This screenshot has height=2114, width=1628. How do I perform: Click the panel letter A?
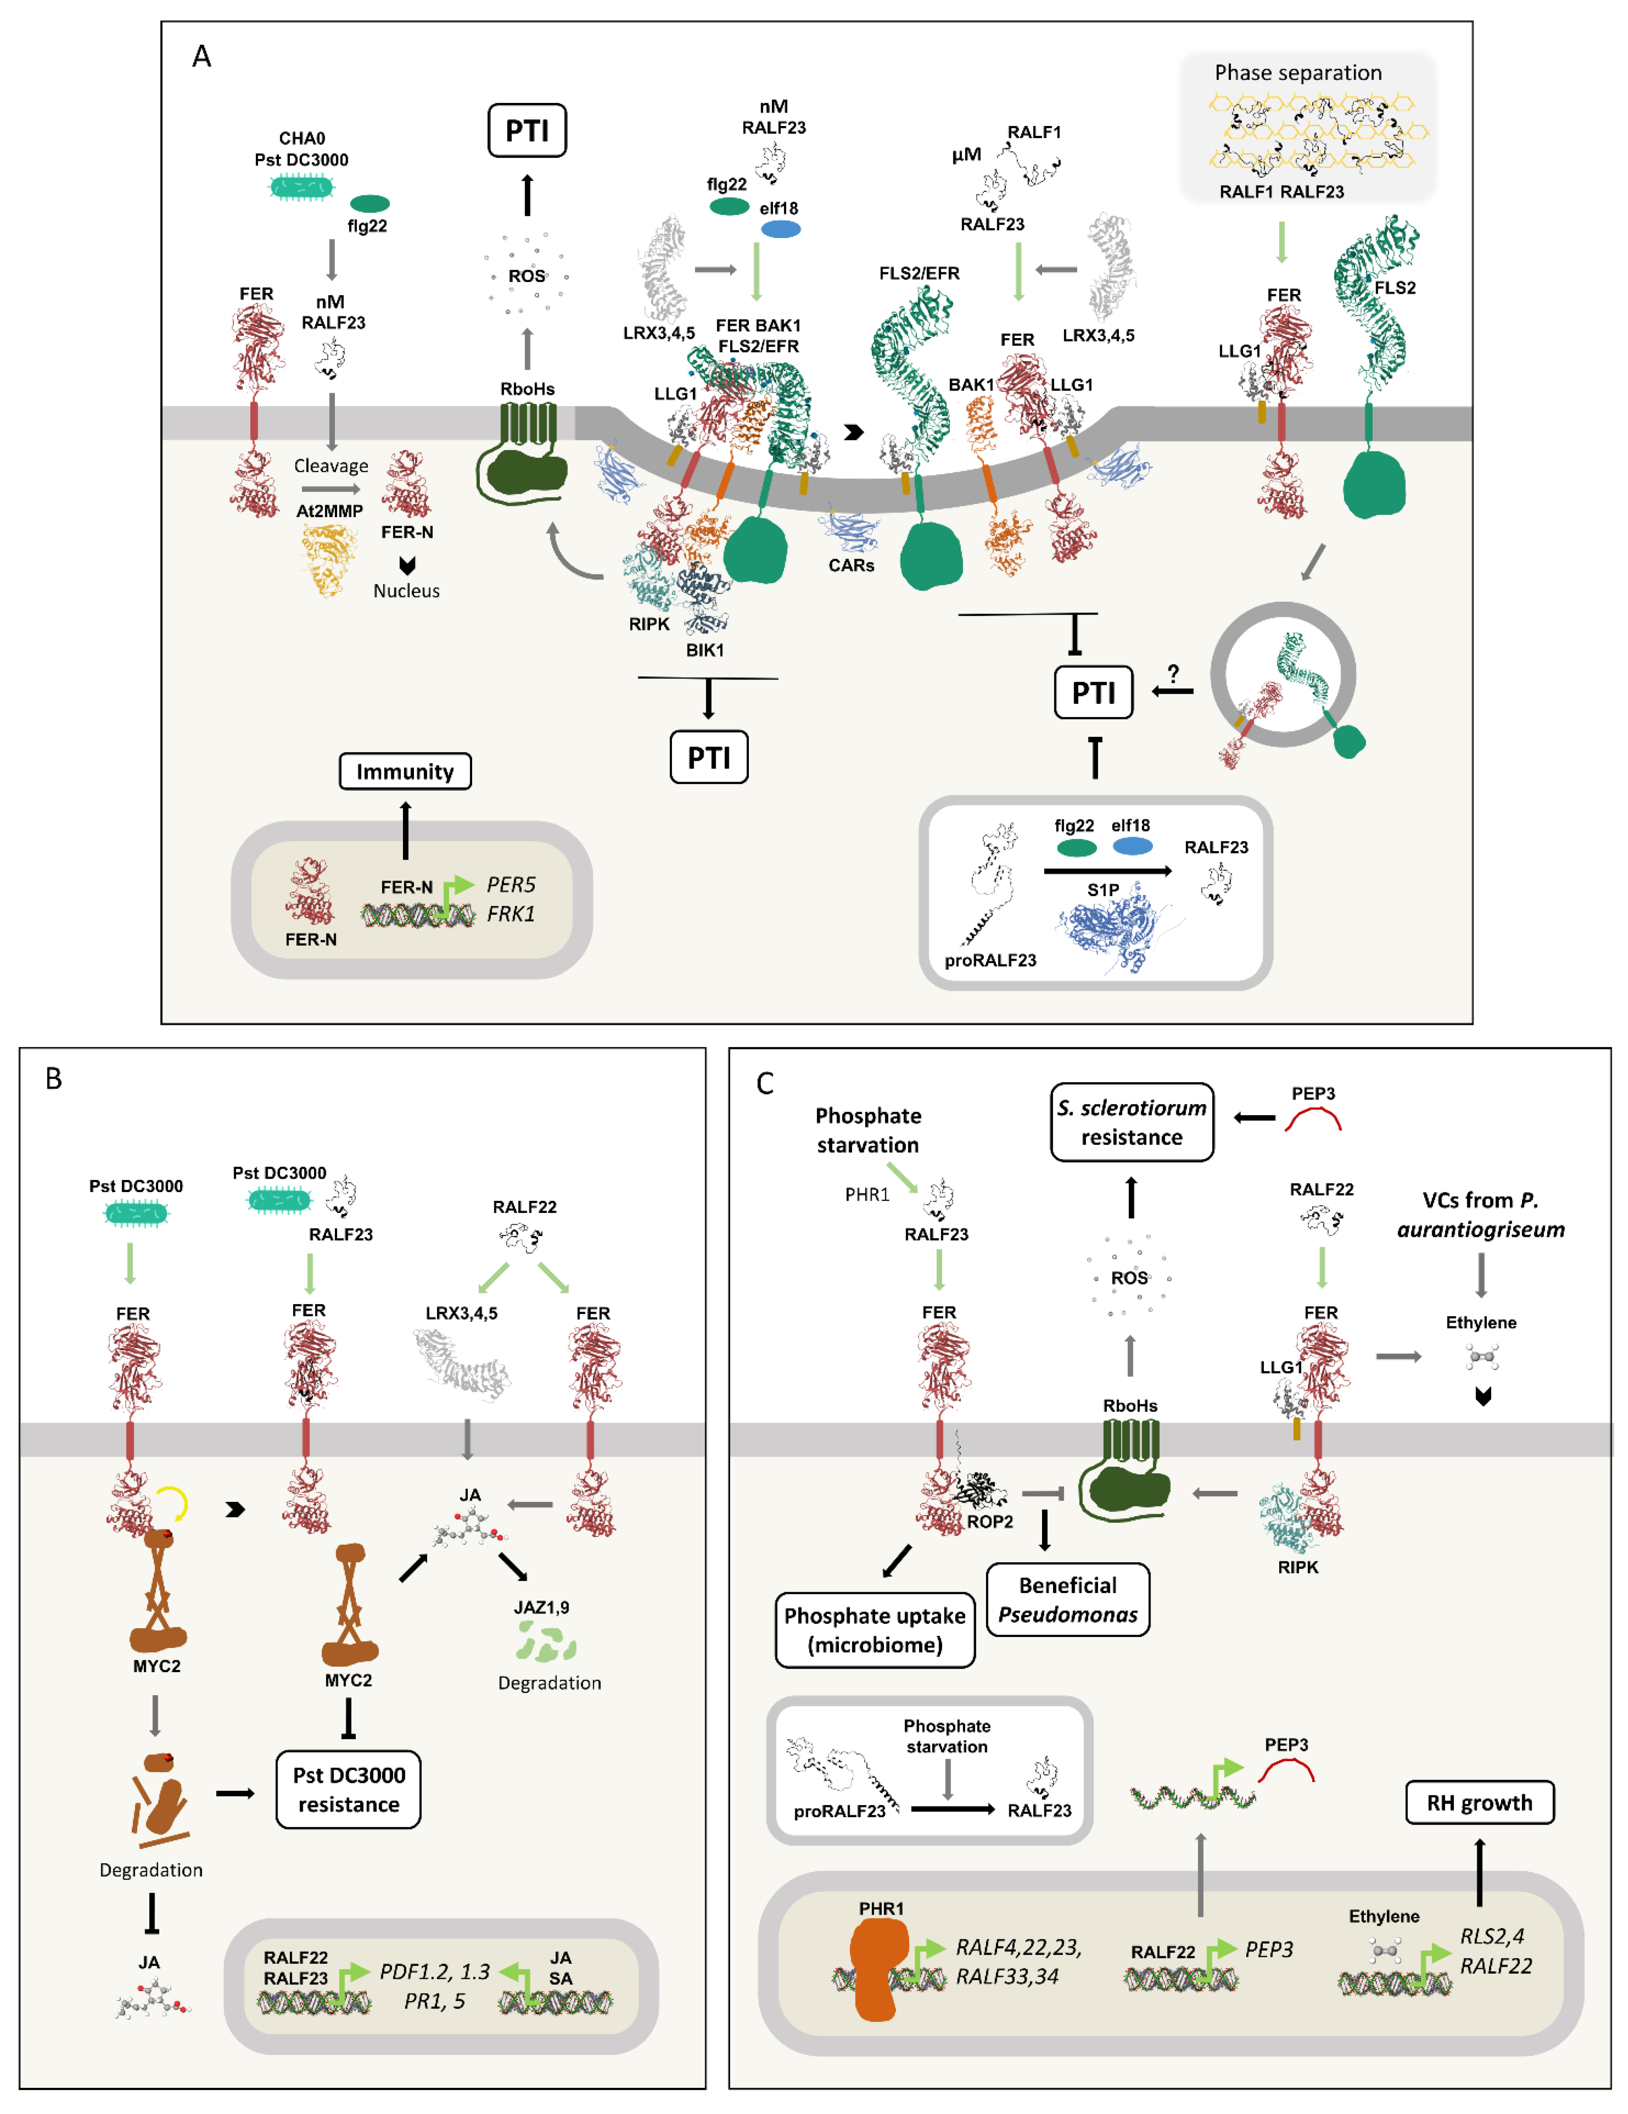201,56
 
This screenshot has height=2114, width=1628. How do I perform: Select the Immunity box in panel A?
404,772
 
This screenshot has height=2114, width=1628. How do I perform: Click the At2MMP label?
329,511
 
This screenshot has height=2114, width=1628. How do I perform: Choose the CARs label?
851,565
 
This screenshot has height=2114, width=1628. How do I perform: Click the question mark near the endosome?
1173,673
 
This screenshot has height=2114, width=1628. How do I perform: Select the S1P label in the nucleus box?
1102,890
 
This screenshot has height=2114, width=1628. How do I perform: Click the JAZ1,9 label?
541,1607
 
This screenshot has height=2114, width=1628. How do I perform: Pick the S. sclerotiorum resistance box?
1132,1122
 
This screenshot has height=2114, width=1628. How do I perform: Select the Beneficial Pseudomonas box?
1068,1599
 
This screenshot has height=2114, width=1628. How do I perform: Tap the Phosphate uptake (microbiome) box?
874,1630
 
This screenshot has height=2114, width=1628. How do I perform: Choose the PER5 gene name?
510,885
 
